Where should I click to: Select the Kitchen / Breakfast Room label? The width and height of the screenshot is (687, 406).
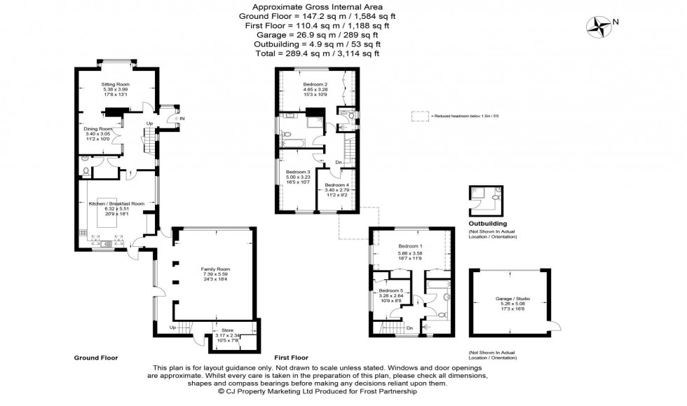[116, 203]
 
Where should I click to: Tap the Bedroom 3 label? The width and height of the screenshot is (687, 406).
[298, 172]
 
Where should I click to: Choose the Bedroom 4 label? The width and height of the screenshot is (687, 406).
[337, 185]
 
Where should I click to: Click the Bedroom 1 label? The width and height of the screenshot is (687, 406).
[410, 246]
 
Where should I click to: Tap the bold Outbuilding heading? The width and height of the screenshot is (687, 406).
[488, 224]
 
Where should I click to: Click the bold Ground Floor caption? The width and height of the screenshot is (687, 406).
[96, 358]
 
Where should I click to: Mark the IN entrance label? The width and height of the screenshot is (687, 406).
[181, 119]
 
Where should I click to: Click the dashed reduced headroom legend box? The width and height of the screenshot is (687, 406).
[420, 116]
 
